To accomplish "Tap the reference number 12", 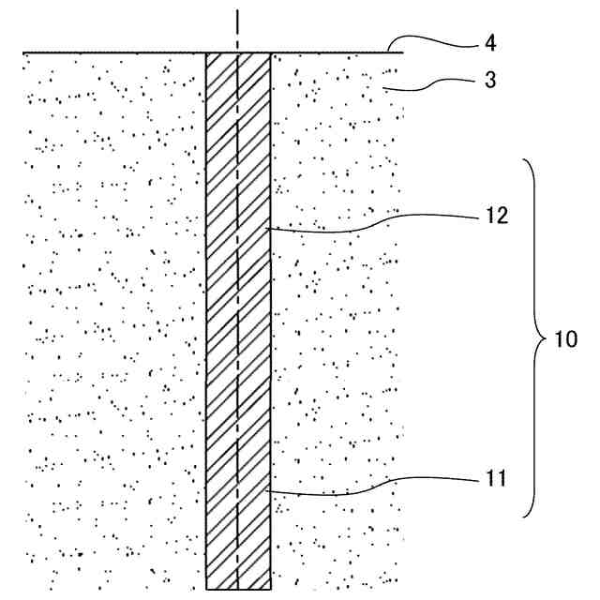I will click(496, 216).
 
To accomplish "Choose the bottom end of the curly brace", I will click(522, 516).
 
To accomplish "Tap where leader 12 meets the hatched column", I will click(270, 227).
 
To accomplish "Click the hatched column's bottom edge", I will click(238, 589).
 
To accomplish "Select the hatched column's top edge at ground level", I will click(238, 52).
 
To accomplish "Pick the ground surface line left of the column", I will click(112, 52).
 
